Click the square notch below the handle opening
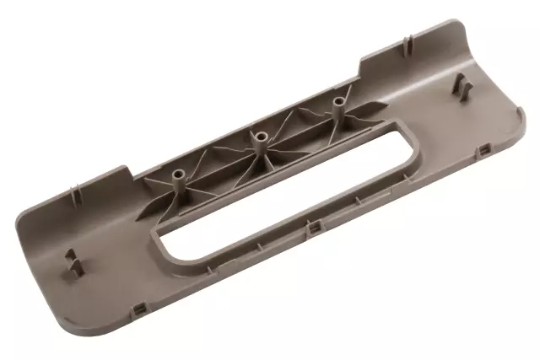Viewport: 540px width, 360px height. pyautogui.click(x=314, y=228)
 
